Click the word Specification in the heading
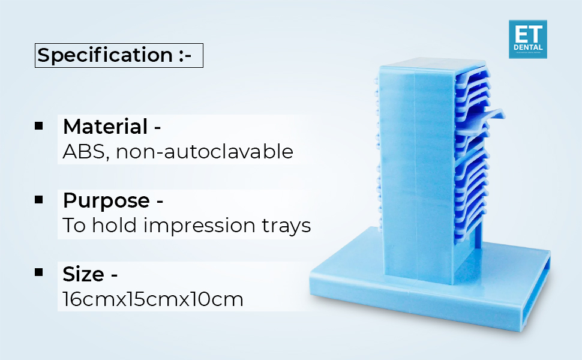(105, 55)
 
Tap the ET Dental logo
(527, 39)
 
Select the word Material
(105, 127)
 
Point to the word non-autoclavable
(205, 152)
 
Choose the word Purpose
(106, 200)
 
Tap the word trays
(288, 226)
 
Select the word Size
(83, 274)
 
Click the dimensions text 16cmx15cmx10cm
(153, 299)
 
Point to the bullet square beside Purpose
(39, 199)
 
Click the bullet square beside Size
(39, 272)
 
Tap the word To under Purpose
(74, 226)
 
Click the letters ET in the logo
(527, 33)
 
